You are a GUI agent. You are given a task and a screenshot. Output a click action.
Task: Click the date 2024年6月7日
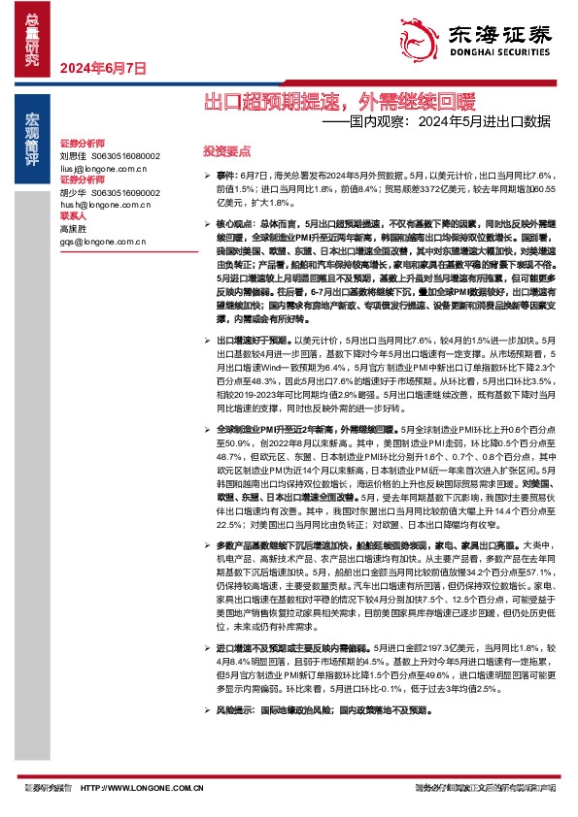pyautogui.click(x=103, y=69)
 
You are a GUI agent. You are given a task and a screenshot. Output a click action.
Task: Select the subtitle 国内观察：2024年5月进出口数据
pyautogui.click(x=436, y=122)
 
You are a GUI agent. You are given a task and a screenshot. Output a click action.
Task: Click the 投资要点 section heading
pyautogui.click(x=226, y=151)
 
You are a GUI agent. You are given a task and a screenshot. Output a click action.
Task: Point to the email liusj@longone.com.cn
pyautogui.click(x=103, y=168)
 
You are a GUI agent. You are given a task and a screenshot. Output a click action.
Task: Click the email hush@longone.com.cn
pyautogui.click(x=104, y=206)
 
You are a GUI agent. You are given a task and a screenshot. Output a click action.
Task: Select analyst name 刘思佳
pyautogui.click(x=74, y=155)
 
